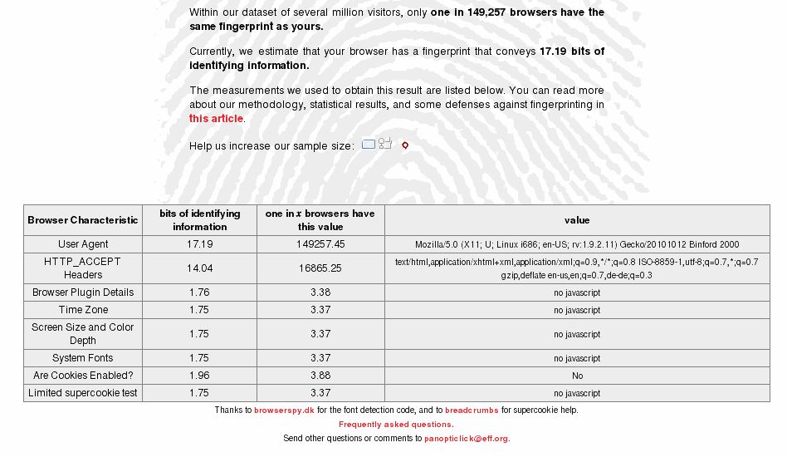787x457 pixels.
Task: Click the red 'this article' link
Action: point(216,119)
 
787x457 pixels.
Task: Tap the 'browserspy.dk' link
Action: point(284,410)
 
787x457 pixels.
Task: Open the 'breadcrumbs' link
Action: point(472,410)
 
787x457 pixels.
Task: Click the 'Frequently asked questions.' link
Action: point(396,425)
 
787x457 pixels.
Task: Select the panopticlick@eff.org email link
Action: point(467,439)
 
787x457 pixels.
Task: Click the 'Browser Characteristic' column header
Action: point(83,220)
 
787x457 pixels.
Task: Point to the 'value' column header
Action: point(577,220)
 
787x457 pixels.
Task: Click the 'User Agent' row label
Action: point(83,244)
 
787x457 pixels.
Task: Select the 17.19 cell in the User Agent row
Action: point(199,244)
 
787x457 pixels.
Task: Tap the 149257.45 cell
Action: point(320,244)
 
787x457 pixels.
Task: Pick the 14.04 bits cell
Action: point(199,268)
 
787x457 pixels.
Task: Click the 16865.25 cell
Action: point(320,268)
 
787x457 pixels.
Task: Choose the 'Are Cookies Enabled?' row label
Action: point(83,376)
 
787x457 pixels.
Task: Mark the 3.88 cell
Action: point(320,376)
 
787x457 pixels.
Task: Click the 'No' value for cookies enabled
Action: point(577,376)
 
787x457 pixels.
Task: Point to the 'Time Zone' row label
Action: point(83,310)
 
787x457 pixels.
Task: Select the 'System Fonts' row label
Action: point(83,358)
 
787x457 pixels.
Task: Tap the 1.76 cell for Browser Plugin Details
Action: point(199,292)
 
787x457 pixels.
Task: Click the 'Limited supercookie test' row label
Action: point(83,393)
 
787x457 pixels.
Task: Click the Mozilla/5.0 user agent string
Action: point(577,245)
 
